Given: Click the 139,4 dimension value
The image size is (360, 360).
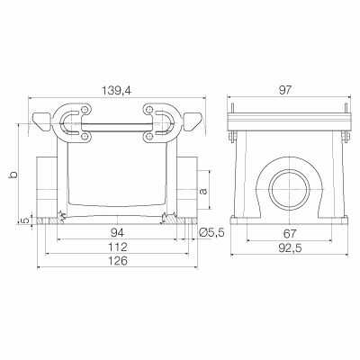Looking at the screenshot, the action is pyautogui.click(x=116, y=90).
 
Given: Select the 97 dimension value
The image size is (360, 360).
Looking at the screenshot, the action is pyautogui.click(x=284, y=90).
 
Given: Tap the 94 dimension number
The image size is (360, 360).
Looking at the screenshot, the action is pyautogui.click(x=118, y=232).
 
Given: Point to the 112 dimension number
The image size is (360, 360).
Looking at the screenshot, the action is pyautogui.click(x=118, y=247).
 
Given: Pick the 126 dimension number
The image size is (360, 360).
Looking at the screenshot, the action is pyautogui.click(x=118, y=261).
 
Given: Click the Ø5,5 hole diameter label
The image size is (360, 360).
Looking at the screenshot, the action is pyautogui.click(x=211, y=232).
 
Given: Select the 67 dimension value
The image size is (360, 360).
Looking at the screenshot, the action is pyautogui.click(x=290, y=233).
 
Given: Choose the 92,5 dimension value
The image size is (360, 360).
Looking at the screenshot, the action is pyautogui.click(x=290, y=247).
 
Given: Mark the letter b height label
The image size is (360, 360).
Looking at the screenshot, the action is pyautogui.click(x=13, y=174).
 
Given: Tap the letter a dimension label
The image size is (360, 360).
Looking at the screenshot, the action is pyautogui.click(x=203, y=191).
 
